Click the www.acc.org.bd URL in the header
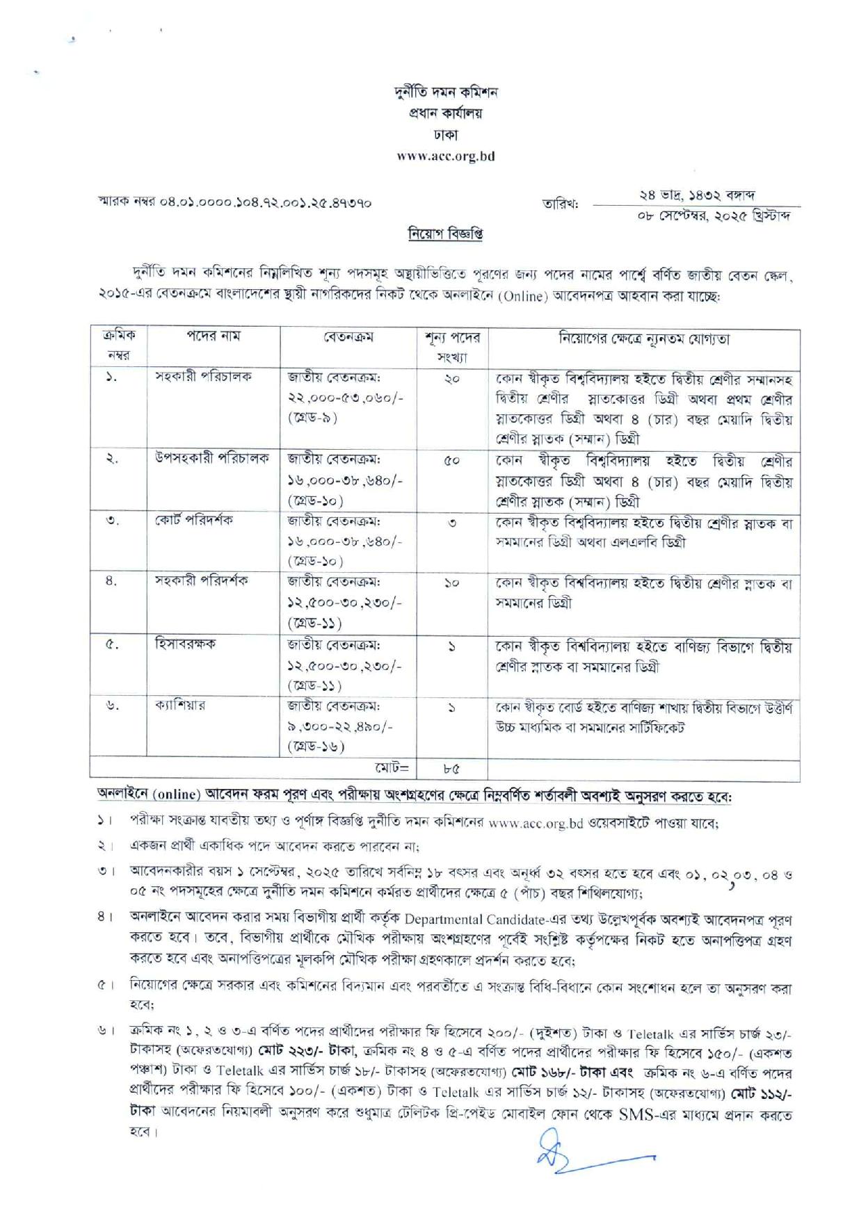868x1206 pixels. [445, 156]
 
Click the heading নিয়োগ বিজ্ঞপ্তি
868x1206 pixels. [445, 234]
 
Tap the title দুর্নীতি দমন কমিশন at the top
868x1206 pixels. [445, 92]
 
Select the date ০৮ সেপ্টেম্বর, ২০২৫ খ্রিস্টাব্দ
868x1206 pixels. [715, 215]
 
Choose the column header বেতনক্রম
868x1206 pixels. [348, 337]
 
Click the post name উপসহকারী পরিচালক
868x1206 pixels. [212, 459]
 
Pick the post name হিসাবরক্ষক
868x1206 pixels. [185, 644]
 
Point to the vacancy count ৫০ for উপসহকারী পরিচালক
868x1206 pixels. [452, 460]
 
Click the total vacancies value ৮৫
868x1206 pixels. [452, 769]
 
